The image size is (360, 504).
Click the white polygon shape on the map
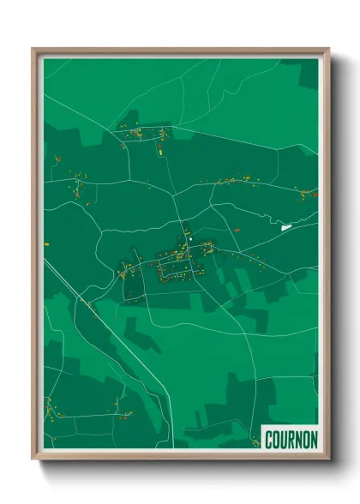pyautogui.click(x=285, y=227)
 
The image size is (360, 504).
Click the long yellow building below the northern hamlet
pyautogui.click(x=159, y=149)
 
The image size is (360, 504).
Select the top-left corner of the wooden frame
pyautogui.click(x=33, y=50)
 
